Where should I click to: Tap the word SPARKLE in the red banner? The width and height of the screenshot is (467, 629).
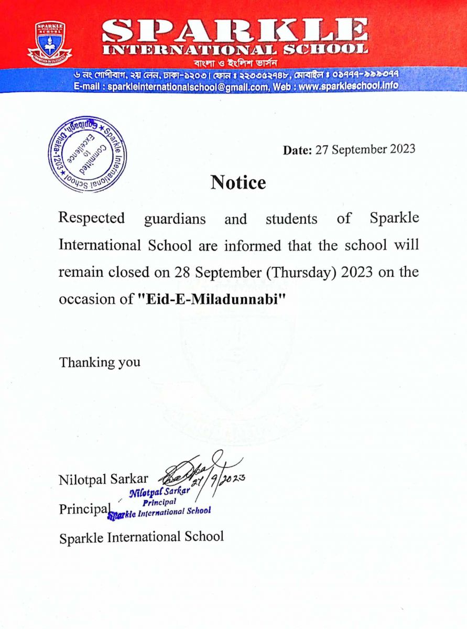(x=235, y=31)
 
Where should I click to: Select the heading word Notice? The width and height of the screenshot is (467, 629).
(x=238, y=182)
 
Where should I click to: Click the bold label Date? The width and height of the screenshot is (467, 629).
(x=297, y=150)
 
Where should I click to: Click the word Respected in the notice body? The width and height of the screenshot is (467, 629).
(x=92, y=218)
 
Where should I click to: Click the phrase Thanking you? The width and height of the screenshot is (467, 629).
(x=100, y=362)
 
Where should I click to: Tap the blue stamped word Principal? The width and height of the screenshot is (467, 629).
(x=155, y=501)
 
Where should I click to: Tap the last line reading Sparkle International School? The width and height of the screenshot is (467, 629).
(x=142, y=537)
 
